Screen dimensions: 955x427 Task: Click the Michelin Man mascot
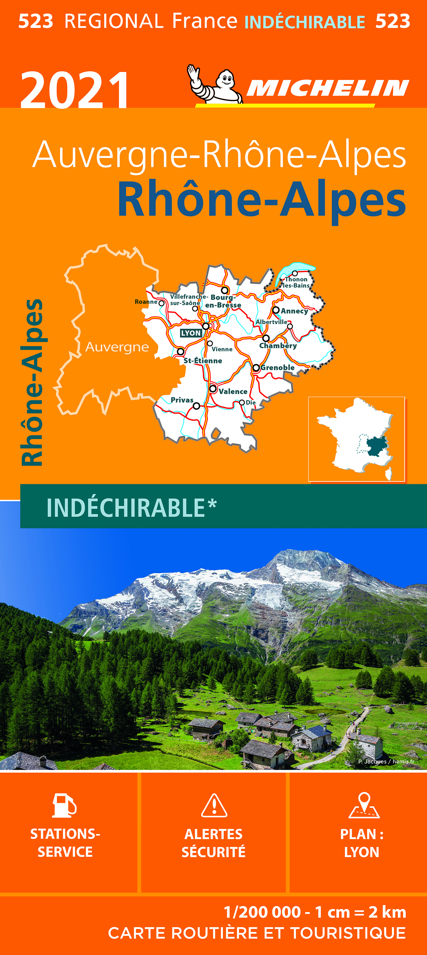[215, 84]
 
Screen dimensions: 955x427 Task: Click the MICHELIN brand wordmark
[327, 88]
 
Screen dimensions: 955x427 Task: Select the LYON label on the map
[191, 333]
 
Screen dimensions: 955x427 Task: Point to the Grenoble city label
[278, 367]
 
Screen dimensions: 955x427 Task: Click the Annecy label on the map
[294, 311]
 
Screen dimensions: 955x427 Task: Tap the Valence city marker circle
[213, 389]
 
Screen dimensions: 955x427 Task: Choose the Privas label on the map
[182, 400]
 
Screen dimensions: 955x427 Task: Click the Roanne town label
[146, 302]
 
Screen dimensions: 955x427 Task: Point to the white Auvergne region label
[117, 347]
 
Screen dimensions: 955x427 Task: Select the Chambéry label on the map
[278, 345]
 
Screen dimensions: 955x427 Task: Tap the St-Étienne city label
[203, 360]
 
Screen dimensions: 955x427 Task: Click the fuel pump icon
[64, 805]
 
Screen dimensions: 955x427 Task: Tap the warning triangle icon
[214, 806]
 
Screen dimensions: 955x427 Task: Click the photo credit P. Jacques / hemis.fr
[386, 761]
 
